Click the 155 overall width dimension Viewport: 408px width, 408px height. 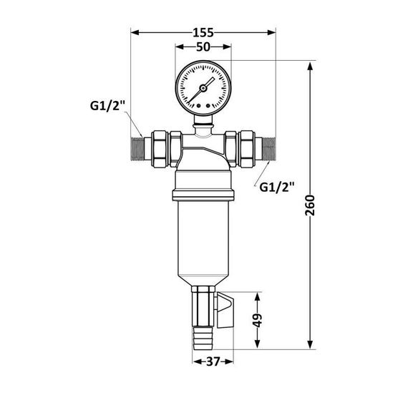pos(204,32)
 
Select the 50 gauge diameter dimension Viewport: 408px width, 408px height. pos(203,47)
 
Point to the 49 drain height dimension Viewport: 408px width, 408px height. pos(259,320)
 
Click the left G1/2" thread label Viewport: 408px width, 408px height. pos(108,106)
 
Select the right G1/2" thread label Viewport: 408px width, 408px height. pos(277,188)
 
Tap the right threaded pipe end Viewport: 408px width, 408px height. pos(268,147)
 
